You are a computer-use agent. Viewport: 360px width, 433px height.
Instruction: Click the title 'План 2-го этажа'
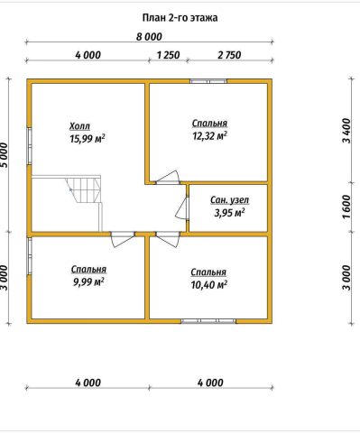[x=180, y=18]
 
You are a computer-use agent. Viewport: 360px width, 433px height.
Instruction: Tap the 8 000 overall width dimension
[x=149, y=37]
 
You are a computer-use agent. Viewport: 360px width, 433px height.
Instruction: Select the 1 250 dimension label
[x=168, y=55]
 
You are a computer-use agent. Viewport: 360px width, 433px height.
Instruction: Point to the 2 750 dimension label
[x=229, y=55]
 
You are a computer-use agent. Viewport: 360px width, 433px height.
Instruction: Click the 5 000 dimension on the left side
[x=5, y=155]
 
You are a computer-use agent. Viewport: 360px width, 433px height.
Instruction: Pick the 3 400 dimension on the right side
[x=346, y=131]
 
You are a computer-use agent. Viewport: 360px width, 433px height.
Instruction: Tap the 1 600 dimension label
[x=346, y=207]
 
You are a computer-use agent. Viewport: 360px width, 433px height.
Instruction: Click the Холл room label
[x=79, y=126]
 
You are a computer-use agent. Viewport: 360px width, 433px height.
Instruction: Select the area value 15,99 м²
[x=88, y=139]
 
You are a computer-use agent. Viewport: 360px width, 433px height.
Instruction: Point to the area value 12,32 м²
[x=209, y=136]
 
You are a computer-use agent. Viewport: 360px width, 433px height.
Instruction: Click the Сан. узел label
[x=229, y=200]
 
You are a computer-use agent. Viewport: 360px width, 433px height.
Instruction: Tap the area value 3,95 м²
[x=229, y=213]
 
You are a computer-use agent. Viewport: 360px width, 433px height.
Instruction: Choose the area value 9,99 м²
[x=88, y=282]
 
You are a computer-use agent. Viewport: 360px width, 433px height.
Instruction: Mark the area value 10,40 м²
[x=208, y=284]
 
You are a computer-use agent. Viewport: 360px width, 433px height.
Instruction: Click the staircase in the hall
[x=85, y=191]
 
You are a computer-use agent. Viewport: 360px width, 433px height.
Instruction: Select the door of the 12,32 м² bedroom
[x=168, y=178]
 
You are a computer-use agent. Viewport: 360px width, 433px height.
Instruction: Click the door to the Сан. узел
[x=182, y=208]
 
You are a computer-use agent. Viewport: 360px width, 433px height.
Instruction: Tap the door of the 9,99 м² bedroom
[x=123, y=239]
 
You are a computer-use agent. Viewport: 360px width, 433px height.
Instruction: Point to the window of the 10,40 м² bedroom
[x=208, y=321]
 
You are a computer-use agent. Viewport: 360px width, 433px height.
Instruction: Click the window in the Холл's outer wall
[x=30, y=146]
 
